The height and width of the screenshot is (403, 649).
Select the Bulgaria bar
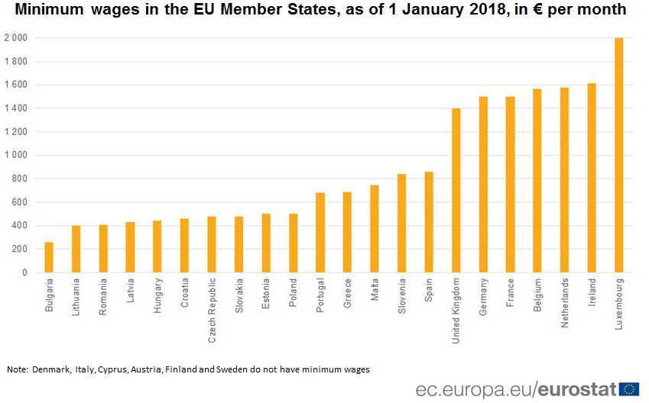49,257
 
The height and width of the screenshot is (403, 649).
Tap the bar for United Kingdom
456,190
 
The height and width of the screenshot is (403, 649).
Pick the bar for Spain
429,222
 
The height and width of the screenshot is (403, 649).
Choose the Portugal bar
320,232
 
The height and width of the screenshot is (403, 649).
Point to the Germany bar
483,184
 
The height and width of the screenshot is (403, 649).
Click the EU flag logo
629,388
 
